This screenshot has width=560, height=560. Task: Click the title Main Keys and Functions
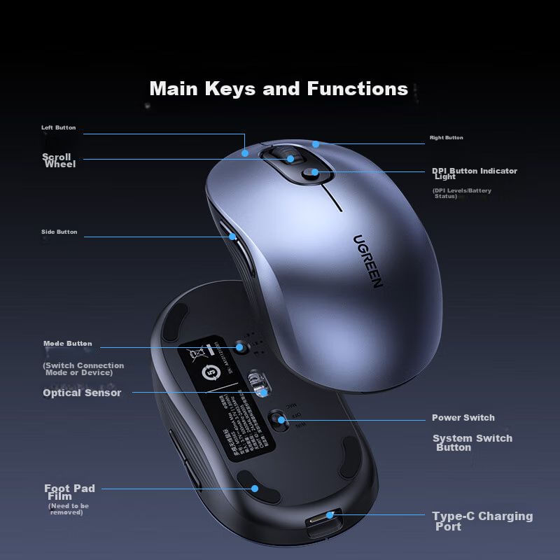279,89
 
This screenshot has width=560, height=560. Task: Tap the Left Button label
58,128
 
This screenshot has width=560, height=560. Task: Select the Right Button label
446,138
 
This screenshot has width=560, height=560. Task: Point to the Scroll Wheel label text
59,160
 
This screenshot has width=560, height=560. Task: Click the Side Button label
59,232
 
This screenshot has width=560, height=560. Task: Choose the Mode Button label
67,344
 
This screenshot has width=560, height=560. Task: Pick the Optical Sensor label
82,393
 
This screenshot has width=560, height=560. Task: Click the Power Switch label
463,418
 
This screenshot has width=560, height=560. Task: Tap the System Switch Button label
472,442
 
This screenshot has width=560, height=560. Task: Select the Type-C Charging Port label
482,521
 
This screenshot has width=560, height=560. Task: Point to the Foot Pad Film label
69,492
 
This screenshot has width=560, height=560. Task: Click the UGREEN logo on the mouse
367,261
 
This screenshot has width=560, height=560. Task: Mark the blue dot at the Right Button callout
316,144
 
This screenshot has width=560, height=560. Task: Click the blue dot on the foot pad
255,489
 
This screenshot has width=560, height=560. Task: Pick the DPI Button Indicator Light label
474,173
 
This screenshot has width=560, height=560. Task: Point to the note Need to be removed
69,509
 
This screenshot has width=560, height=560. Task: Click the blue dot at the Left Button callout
245,151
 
